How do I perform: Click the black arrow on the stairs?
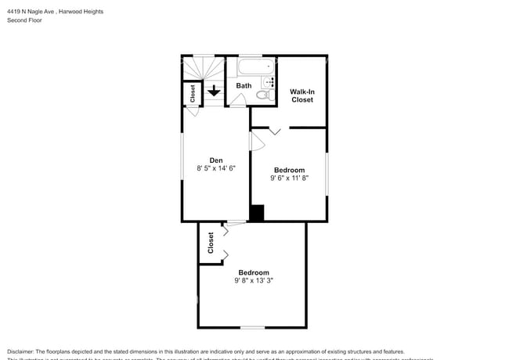(214, 92)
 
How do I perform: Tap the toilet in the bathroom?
(264, 95)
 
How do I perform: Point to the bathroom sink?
(270, 81)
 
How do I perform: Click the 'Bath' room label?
(244, 86)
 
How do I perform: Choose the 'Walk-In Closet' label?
(302, 95)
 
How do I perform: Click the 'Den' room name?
(215, 160)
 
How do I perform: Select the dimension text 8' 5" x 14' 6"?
(215, 167)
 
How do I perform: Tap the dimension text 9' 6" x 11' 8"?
(289, 178)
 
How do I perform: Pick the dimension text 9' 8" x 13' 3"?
(253, 280)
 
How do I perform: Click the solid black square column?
(256, 213)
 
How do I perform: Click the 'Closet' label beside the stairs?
(193, 93)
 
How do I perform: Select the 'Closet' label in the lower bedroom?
(211, 243)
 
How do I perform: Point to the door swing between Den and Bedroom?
(256, 141)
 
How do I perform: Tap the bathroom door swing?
(241, 99)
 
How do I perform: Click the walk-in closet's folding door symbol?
(275, 131)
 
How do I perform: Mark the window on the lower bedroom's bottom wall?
(251, 326)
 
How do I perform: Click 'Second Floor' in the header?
(24, 20)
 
